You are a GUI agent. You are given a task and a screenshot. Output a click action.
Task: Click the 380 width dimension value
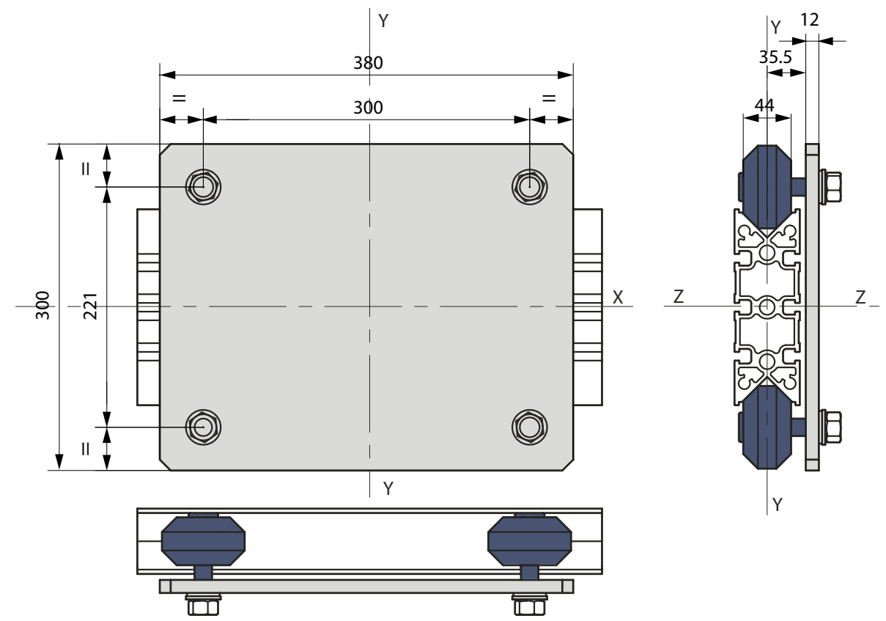tap(368, 63)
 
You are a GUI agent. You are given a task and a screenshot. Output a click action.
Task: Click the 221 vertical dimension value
tap(91, 306)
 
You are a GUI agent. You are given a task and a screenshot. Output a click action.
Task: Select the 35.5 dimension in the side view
tap(775, 57)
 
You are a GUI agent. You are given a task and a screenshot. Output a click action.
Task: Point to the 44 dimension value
tap(764, 106)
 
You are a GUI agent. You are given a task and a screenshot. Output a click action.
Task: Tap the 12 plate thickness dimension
tap(810, 20)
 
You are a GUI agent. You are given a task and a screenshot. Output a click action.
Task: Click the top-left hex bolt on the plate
tap(203, 187)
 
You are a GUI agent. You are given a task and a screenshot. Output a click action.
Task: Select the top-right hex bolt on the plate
tap(530, 187)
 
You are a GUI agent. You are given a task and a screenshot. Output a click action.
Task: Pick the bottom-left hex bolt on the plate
tap(203, 427)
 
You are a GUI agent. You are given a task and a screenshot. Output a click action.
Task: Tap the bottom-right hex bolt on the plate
tap(530, 427)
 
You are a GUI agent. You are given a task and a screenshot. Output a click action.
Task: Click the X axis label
tap(618, 297)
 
